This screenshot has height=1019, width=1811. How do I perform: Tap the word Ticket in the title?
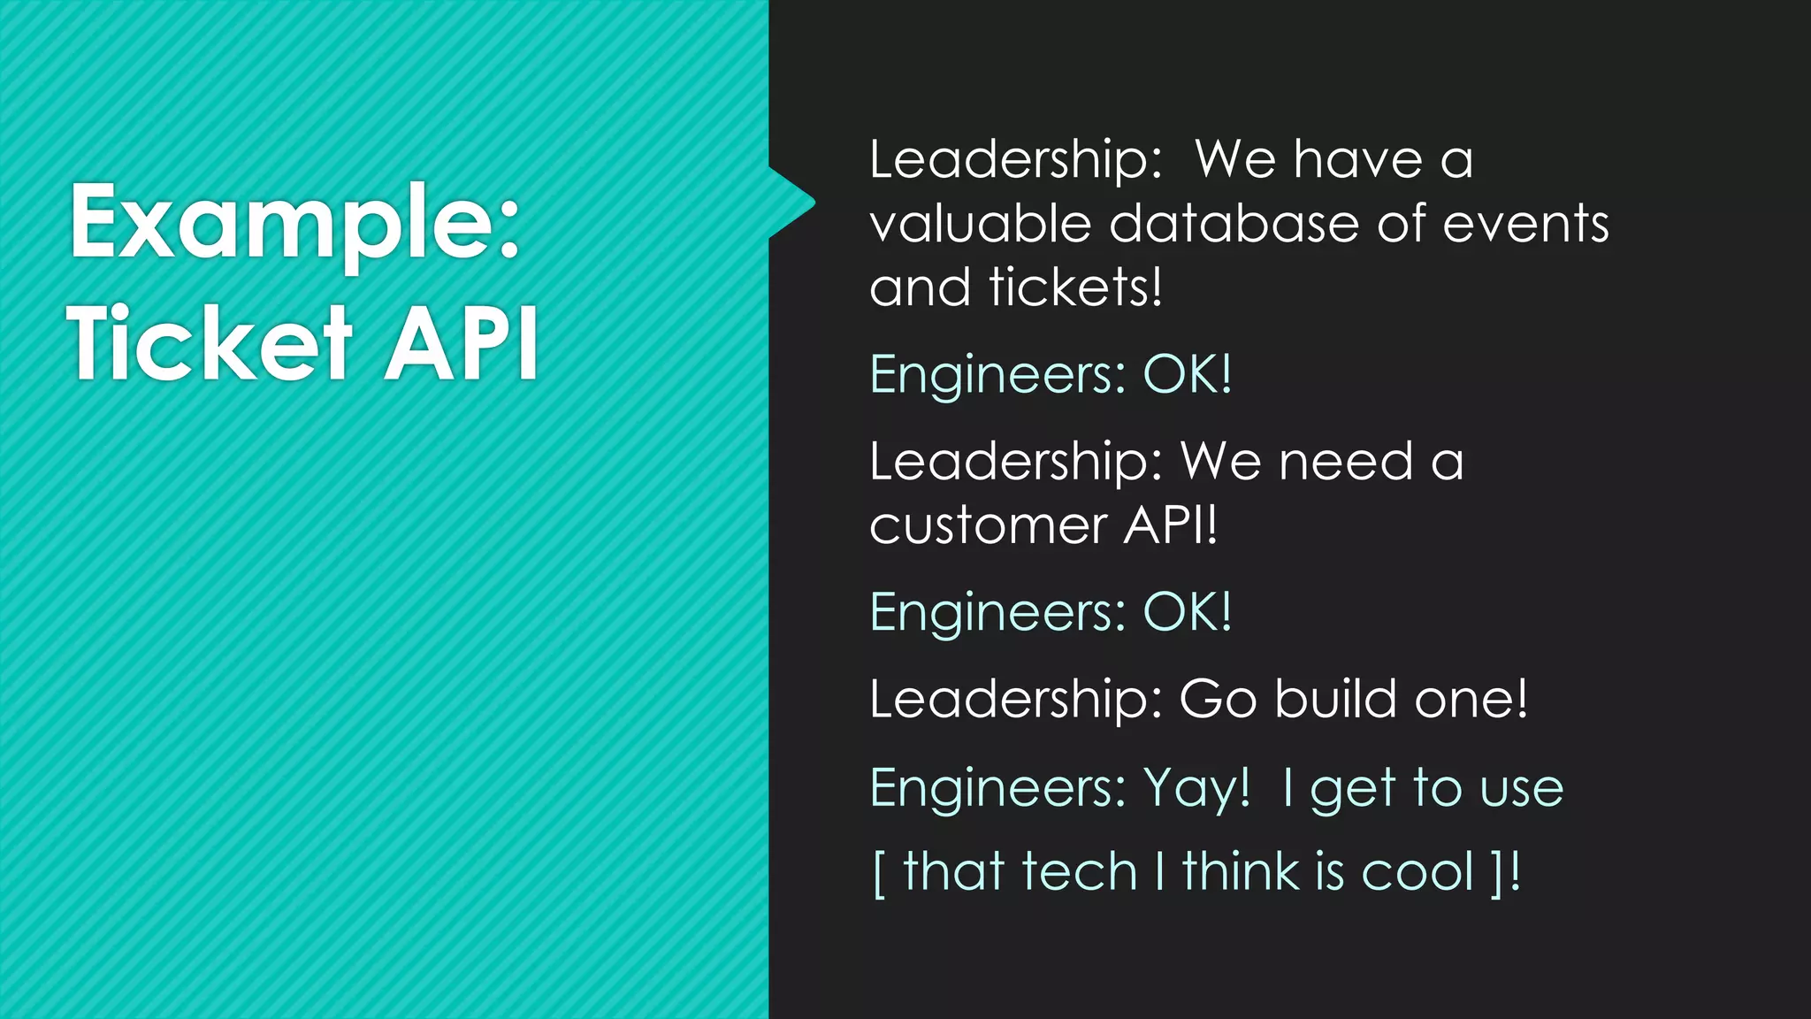coord(210,343)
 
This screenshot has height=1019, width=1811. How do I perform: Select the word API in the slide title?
coord(461,343)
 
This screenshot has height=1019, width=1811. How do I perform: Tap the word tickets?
coord(1075,287)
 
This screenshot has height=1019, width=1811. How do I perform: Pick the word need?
coord(1346,462)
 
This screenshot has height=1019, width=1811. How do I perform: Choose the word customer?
coord(988,526)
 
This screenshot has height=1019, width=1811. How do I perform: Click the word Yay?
coord(1196,787)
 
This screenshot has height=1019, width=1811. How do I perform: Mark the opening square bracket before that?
coord(878,873)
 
